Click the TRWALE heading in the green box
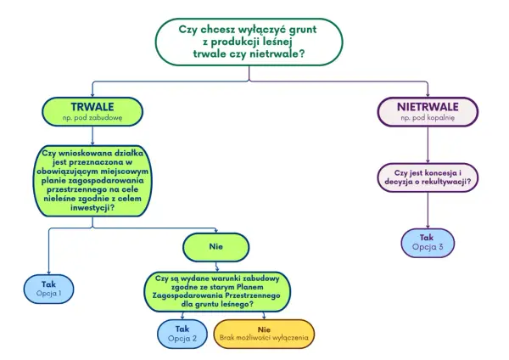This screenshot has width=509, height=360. pos(92,107)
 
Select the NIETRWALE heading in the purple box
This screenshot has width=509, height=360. pos(428,107)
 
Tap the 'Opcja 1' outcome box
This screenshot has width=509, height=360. pos(48,289)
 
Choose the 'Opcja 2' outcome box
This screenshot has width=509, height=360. pos(182,334)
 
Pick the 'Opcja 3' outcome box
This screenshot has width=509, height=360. pos(428,243)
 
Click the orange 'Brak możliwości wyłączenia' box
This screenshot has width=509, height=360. pos(264,334)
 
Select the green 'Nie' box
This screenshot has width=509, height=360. pos(216,247)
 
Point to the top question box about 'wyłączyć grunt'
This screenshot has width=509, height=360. pos(249,42)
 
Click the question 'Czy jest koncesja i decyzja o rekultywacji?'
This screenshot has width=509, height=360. pos(428,177)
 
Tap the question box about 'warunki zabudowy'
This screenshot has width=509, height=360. pos(217,291)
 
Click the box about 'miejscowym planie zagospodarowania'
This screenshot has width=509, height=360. pos(92,181)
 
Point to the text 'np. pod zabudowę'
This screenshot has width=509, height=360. pos(92,118)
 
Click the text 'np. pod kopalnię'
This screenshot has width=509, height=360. pos(428,118)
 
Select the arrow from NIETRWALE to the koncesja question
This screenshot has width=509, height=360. pos(428,144)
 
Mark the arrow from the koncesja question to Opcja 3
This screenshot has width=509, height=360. pos(428,211)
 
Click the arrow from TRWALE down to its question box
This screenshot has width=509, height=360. pos(92,136)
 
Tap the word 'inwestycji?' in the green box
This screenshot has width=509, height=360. pos(92,208)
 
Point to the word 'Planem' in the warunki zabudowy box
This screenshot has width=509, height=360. pos(250,287)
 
